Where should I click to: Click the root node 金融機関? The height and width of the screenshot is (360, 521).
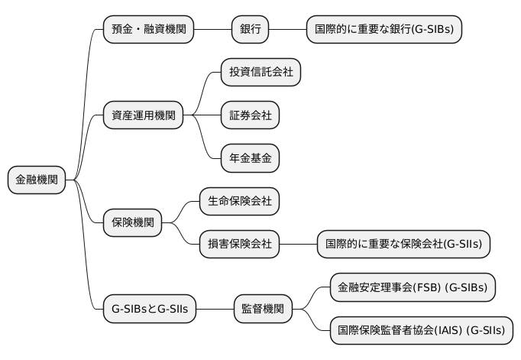[x=37, y=180]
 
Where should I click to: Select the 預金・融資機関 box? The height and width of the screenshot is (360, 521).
[x=148, y=30]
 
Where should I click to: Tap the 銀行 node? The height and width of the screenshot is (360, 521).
[x=251, y=30]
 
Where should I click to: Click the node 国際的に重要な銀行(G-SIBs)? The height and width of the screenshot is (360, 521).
[x=384, y=30]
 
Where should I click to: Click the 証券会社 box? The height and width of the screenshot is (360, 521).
[x=251, y=116]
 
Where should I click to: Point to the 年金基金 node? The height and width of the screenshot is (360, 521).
[x=251, y=159]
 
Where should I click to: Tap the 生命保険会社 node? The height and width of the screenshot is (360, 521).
[x=240, y=202]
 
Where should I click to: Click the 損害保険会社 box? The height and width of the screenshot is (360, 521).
[x=240, y=245]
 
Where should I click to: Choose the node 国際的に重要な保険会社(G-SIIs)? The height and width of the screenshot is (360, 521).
[x=404, y=245]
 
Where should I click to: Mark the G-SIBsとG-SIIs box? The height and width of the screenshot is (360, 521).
[x=150, y=309]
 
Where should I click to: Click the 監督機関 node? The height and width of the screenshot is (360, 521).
[x=263, y=309]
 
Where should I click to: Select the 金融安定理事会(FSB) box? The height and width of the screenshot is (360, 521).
[x=413, y=287]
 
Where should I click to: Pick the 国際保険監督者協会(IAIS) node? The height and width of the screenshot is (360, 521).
[x=422, y=331]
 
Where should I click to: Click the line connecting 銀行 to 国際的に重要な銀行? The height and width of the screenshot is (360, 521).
[x=288, y=30]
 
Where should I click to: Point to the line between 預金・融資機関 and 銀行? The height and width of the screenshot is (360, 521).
[x=213, y=30]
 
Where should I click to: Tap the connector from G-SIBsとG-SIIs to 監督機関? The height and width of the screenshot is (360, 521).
[x=215, y=309]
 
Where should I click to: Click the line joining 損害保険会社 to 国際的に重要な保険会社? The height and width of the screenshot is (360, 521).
[x=299, y=245]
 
